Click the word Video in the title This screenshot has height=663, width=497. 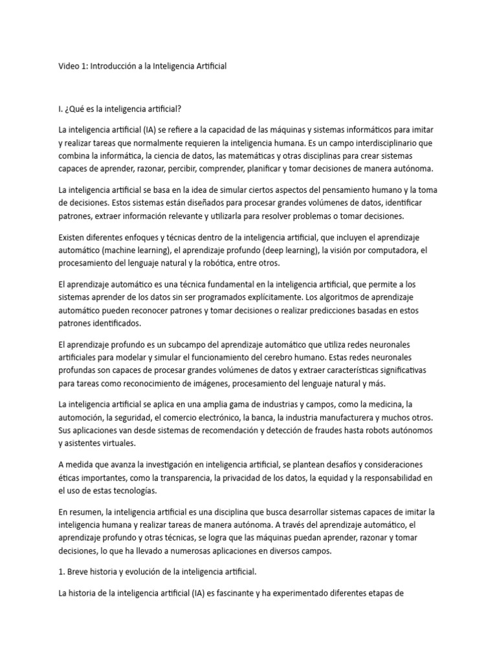click(68, 67)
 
